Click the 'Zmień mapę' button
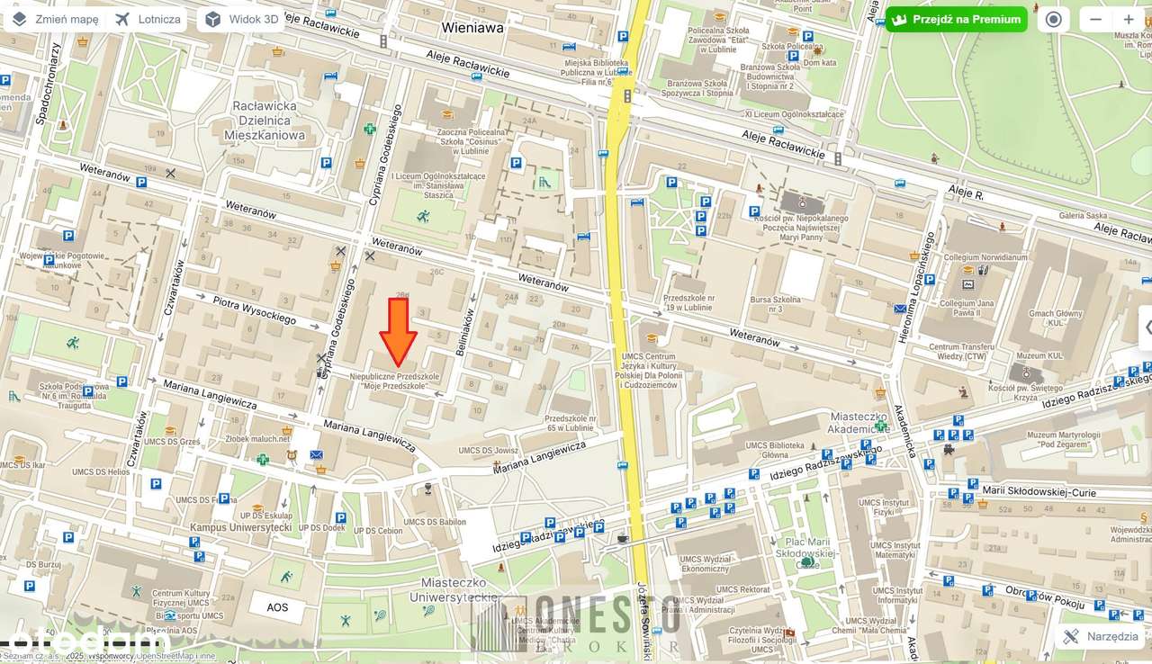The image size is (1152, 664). [x=55, y=19]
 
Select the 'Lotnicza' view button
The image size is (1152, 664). [x=148, y=19]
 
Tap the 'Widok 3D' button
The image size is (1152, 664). [x=240, y=19]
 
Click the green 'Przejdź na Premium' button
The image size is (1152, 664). [x=956, y=19]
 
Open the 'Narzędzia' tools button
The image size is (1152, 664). [x=1100, y=636]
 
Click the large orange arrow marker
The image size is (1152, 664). [x=397, y=331]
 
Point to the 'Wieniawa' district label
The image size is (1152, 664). [x=472, y=28]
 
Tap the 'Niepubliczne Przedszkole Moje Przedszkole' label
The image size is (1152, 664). [x=395, y=381]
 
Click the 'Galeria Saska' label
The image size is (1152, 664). [x=1083, y=215]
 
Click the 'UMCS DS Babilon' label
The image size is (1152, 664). [x=434, y=522]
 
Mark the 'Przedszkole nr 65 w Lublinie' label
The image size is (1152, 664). [x=571, y=424]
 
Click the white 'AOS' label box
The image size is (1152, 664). [x=277, y=607]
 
